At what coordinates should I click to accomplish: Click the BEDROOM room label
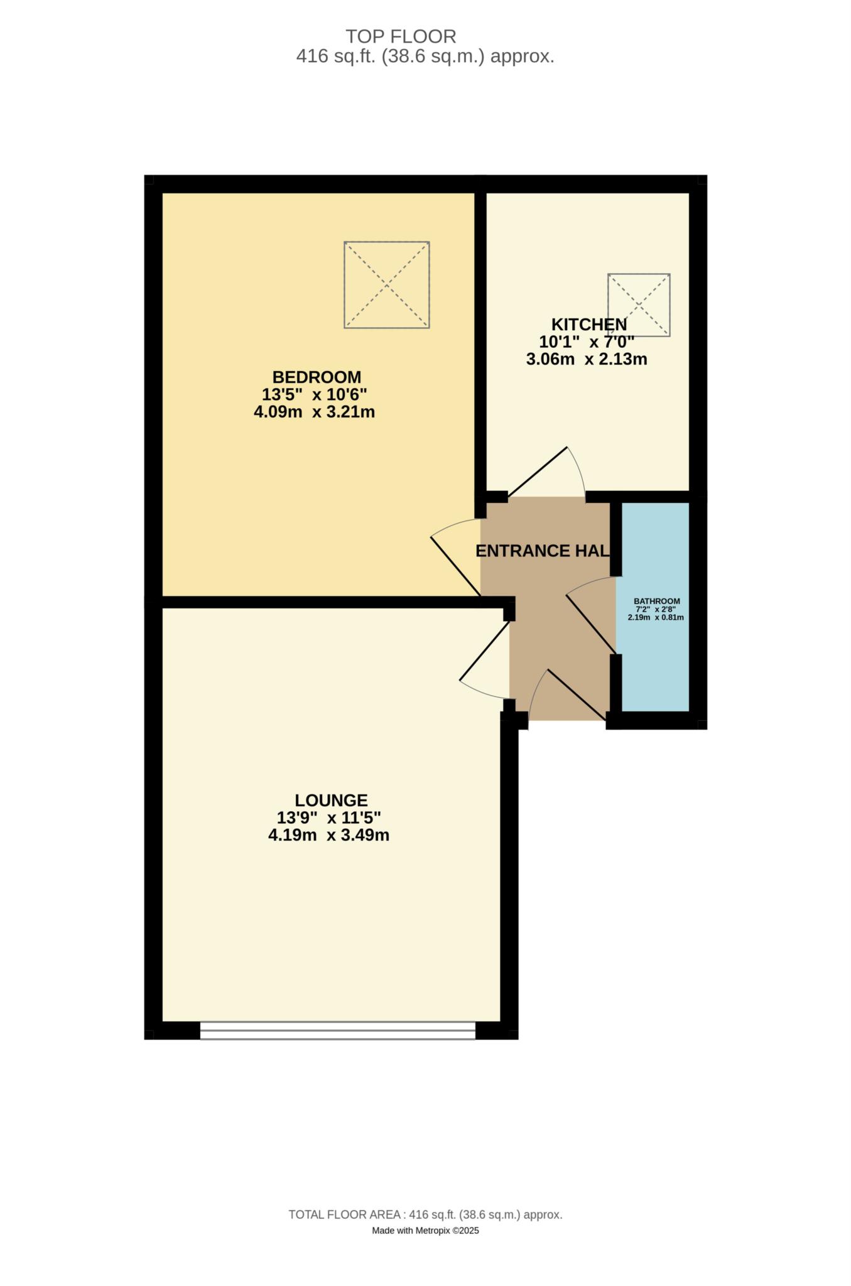coord(317,377)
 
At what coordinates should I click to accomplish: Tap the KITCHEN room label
coord(588,325)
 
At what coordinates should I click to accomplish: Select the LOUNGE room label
coord(331,801)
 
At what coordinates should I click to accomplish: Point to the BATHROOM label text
coord(656,601)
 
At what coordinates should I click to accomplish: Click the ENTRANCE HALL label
coord(543,551)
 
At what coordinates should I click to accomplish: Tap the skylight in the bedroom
coord(387,285)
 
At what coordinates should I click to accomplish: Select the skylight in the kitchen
coord(639,305)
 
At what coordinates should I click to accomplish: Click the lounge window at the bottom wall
coord(338,1030)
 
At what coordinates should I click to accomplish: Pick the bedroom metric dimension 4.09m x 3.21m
coord(314,413)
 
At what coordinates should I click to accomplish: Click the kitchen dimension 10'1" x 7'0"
coord(587,342)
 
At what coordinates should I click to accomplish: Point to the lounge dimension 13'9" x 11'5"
coord(329,818)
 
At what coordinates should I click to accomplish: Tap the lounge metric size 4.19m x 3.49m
coord(328,835)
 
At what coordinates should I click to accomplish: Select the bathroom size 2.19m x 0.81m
coord(656,617)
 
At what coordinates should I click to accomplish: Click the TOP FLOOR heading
coord(401,36)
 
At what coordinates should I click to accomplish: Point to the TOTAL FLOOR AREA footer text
coord(425,1215)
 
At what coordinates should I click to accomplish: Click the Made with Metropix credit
coord(425,1231)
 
